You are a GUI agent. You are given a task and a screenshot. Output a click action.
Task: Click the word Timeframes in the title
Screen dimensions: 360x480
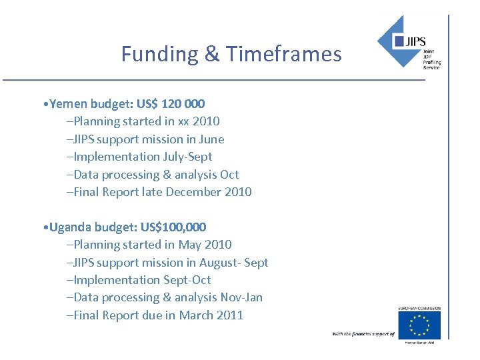pos(284,54)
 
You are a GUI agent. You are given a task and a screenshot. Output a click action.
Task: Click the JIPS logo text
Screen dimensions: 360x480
pos(417,42)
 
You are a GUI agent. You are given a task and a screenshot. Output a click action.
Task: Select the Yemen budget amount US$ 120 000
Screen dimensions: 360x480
pos(171,104)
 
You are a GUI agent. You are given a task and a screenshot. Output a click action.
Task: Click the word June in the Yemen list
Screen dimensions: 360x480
pos(211,139)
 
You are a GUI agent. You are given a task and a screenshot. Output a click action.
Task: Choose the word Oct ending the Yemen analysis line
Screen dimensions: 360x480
pos(229,175)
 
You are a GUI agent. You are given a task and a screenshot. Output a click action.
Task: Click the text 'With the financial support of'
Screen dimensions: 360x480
pos(363,333)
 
